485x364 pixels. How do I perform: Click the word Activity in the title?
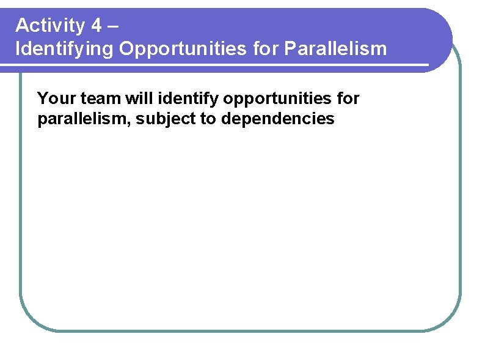(50, 26)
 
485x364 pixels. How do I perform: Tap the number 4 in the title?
(97, 26)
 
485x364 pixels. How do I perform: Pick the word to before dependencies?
(208, 119)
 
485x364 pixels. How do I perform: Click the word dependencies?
(278, 119)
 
